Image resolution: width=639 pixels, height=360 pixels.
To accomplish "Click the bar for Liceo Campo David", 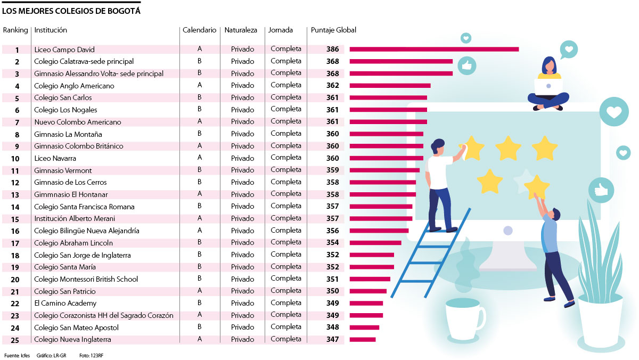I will point(434,50).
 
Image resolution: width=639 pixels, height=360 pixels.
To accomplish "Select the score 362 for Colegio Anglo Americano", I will point(333,85).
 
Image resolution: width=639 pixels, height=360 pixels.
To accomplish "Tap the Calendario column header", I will point(200,30).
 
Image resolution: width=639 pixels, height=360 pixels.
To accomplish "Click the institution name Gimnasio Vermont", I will point(63,170).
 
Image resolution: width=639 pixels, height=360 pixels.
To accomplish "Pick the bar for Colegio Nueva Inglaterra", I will point(363,340).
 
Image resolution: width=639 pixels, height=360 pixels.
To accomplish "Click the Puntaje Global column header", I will point(333,30).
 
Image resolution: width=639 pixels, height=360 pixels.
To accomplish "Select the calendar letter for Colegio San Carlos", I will point(200,97).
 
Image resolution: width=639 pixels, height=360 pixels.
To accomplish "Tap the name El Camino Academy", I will point(65,304).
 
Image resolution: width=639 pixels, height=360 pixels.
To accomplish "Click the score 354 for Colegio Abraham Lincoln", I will point(333,243).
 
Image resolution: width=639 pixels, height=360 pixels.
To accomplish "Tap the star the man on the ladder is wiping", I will point(473,148).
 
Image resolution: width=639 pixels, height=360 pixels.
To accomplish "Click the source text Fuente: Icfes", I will point(17,355).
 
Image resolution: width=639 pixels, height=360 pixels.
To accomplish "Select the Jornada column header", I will point(281,30).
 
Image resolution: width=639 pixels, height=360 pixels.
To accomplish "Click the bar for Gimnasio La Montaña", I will point(387,134).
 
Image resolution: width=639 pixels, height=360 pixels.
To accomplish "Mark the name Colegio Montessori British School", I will point(86,279).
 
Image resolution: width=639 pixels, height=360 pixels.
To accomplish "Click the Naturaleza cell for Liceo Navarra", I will point(243,158).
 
